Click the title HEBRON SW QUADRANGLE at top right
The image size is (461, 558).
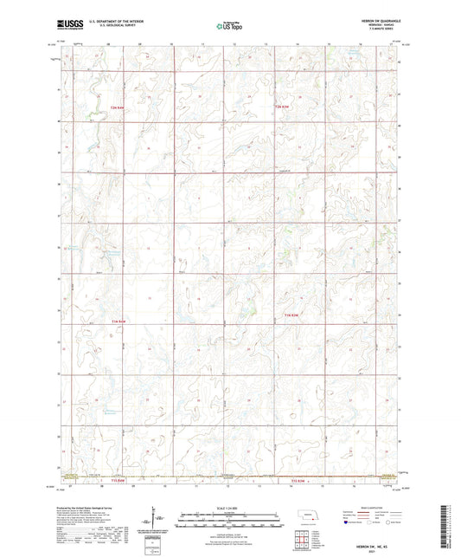[377, 20]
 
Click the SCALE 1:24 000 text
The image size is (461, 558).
[230, 507]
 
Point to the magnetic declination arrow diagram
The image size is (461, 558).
[157, 520]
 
